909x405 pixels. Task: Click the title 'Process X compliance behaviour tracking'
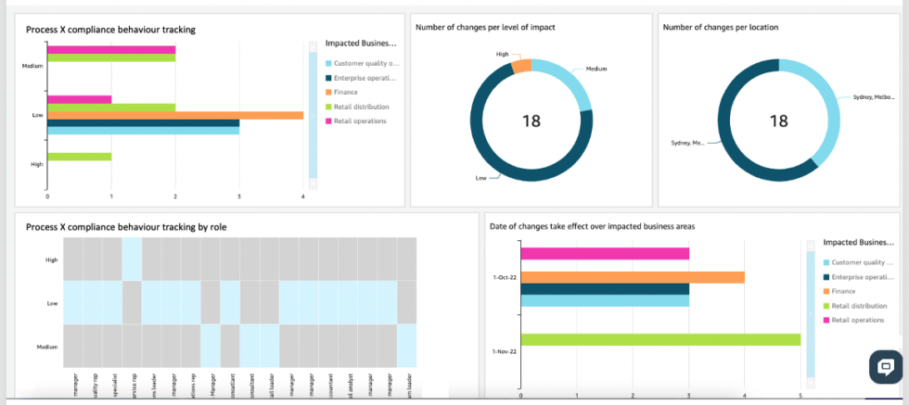pos(110,30)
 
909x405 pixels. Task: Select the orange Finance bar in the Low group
pos(175,115)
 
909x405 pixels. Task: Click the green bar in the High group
pos(79,157)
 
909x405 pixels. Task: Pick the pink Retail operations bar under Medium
pos(111,49)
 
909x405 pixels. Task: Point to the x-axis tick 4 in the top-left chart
pos(303,196)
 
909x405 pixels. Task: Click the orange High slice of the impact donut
pos(521,66)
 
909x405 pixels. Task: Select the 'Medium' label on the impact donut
pos(595,70)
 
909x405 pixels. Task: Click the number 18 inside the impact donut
pos(531,120)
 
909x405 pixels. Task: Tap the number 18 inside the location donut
pos(778,120)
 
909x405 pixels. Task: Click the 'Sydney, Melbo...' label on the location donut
pos(873,97)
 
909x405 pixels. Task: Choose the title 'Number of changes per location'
pos(720,28)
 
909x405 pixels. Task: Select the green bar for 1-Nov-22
pos(660,339)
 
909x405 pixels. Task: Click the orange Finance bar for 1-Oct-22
pos(633,277)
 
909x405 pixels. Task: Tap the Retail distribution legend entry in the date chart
pos(859,306)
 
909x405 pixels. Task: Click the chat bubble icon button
pos(885,366)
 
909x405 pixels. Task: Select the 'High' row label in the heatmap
pos(51,259)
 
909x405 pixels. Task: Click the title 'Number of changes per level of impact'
pos(485,28)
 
